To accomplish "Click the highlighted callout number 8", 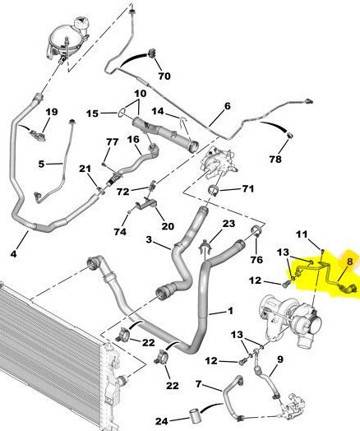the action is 349,262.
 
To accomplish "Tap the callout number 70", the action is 164,76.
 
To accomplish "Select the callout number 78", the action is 275,159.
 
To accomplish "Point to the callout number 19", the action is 52,112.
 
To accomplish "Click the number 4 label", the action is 13,253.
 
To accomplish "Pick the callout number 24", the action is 162,421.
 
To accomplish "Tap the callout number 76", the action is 256,259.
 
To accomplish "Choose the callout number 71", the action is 248,189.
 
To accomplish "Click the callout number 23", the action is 228,224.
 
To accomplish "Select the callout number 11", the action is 302,234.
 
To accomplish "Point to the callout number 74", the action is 120,232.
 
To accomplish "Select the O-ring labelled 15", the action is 122,112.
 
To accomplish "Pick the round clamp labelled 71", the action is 214,191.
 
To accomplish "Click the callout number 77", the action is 113,141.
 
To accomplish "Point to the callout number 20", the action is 168,226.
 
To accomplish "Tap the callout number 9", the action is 280,359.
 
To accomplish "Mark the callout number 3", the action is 149,239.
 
